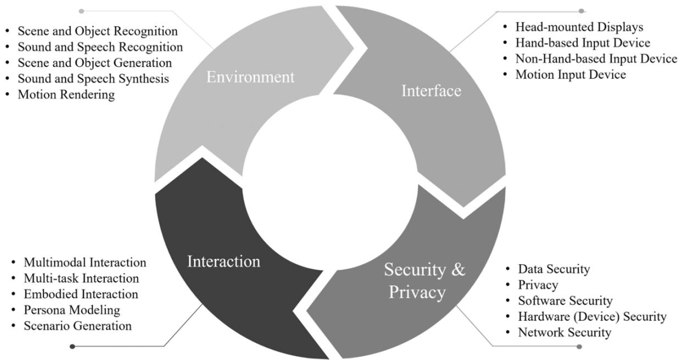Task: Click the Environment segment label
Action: coord(250,77)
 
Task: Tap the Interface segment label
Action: coord(431,91)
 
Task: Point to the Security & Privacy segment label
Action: coord(424,281)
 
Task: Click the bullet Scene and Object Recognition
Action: coord(97,31)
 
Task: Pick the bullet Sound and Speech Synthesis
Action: coord(93,79)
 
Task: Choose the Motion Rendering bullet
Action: coord(66,95)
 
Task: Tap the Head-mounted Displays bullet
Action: coord(579,27)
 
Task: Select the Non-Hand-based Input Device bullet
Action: coord(596,59)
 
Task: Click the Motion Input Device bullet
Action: coord(570,75)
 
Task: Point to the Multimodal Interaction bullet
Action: coord(85,262)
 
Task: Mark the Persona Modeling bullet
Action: coord(71,310)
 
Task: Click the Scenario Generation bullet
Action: coord(78,326)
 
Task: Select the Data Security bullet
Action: coord(554,269)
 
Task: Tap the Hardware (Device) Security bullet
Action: coord(592,317)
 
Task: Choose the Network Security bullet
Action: coord(564,333)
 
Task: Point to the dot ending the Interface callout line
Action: coord(582,11)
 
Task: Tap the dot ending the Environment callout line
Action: coord(81,11)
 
